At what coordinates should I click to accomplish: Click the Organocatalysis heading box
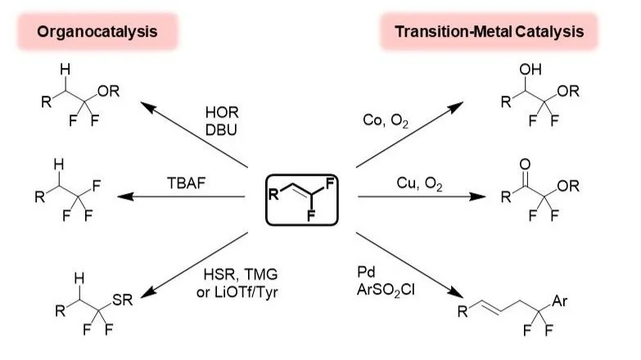pos(97,32)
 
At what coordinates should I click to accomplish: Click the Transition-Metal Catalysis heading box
pos(489,32)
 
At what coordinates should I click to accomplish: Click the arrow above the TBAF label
pos(184,196)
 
